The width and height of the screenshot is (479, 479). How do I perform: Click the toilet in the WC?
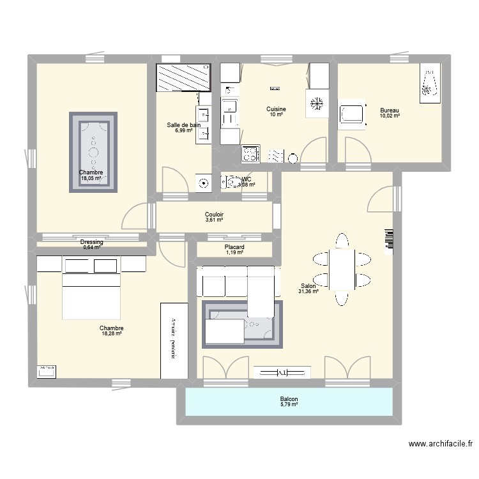[x=230, y=183]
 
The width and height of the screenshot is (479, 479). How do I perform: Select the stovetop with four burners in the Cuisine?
[x=250, y=153]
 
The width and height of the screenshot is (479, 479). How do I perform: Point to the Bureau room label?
[x=389, y=110]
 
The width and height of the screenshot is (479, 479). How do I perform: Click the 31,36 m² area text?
[x=308, y=292]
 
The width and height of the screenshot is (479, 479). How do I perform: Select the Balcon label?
[x=289, y=399]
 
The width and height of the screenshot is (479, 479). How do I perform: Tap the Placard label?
[x=234, y=247]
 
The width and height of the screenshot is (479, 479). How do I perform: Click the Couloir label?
[x=214, y=215]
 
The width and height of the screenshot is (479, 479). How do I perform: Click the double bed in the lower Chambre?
[x=91, y=288]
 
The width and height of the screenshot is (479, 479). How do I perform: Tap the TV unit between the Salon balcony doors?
[x=282, y=372]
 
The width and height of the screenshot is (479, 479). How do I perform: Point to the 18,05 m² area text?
[x=91, y=179]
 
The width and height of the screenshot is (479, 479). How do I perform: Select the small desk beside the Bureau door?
[x=352, y=116]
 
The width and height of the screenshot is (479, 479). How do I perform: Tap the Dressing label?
[x=92, y=242]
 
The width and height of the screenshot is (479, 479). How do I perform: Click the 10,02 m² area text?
[x=389, y=116]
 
